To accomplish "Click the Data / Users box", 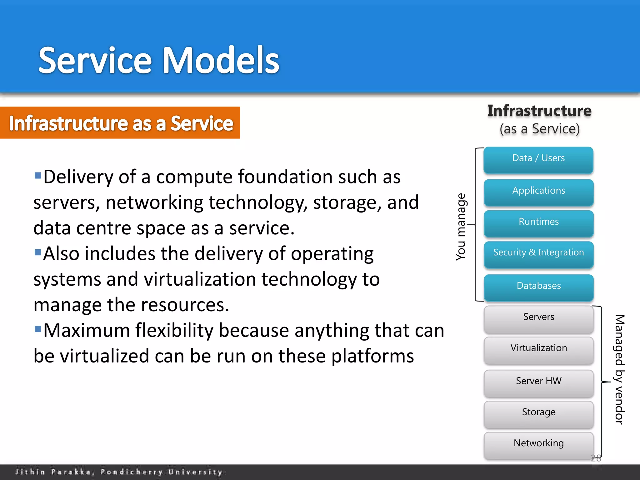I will (538, 159).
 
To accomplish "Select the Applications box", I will (538, 191).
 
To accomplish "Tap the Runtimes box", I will (538, 222).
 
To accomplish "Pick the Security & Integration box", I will (538, 253).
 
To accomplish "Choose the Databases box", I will (538, 286).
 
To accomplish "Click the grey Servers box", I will (538, 318).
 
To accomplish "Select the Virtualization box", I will (538, 349).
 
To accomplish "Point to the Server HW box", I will (538, 382).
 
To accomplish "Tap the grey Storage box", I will (538, 413).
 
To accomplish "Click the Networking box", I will (538, 444).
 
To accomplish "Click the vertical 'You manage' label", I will (461, 227).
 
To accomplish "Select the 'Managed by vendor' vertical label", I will (619, 369).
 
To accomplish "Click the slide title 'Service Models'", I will (158, 60).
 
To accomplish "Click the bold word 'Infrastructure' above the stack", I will (539, 111).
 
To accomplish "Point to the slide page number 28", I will (596, 458).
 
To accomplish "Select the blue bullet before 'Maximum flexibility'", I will (38, 329).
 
